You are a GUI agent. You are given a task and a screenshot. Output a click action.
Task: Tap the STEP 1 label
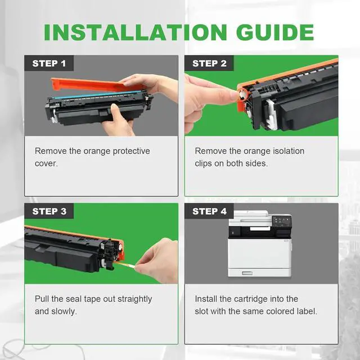click(x=49, y=64)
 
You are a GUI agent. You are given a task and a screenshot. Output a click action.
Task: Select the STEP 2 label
click(x=209, y=64)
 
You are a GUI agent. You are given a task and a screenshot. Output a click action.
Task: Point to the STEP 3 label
click(x=49, y=211)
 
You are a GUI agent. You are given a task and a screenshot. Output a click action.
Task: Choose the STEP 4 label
click(x=209, y=211)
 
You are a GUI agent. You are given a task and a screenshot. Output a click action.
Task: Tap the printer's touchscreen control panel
click(x=285, y=222)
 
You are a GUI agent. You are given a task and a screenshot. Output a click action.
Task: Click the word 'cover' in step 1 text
click(x=46, y=163)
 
